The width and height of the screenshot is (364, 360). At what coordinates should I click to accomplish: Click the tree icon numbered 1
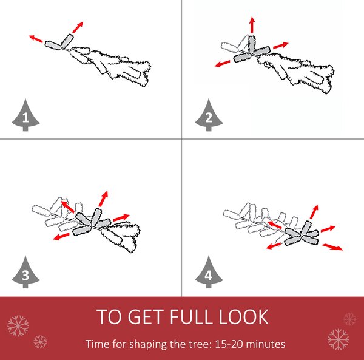click(x=25, y=115)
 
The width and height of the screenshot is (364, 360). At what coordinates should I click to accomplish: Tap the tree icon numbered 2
click(x=209, y=115)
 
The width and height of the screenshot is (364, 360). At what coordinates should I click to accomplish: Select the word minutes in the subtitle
click(x=266, y=344)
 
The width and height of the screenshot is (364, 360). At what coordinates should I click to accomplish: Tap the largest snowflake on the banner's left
click(x=18, y=325)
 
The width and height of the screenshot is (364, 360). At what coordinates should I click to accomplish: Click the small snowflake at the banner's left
click(x=40, y=342)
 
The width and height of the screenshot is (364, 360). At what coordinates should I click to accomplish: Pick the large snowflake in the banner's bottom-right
click(x=339, y=339)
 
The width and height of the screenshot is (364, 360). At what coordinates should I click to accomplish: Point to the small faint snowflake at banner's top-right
click(x=350, y=319)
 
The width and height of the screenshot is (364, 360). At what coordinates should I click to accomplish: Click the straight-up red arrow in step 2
click(x=252, y=25)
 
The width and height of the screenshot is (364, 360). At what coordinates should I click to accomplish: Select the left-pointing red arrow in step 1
click(x=36, y=39)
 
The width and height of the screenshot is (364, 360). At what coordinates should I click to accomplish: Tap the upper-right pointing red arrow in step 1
click(x=78, y=27)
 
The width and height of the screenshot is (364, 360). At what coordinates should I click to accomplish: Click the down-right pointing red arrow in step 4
click(x=332, y=247)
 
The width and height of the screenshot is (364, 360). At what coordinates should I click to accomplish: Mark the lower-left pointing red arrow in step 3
click(x=61, y=236)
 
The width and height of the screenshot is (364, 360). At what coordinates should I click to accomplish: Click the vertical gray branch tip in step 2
click(x=252, y=44)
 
